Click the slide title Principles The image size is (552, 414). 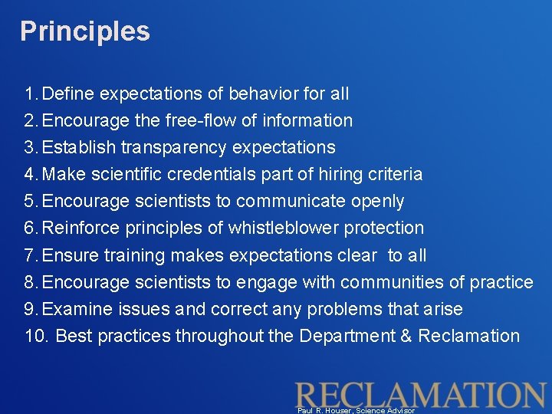(84, 31)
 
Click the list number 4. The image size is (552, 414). (30, 175)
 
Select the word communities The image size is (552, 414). (392, 282)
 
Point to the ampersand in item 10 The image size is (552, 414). (404, 336)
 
